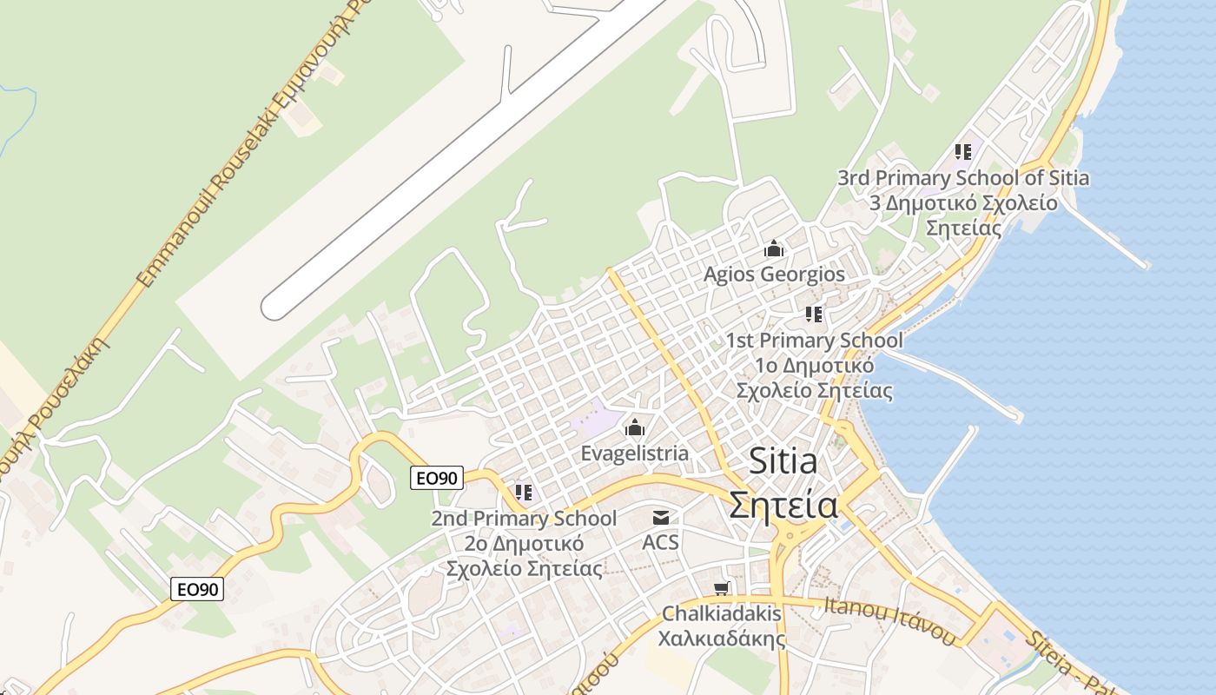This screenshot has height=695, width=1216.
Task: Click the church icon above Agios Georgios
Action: tap(773, 249)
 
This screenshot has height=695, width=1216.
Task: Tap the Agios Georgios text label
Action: tap(773, 275)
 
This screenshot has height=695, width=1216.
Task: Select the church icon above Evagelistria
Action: tap(635, 428)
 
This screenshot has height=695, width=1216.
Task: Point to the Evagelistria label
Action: tap(634, 453)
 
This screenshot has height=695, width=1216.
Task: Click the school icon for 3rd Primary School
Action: tap(962, 152)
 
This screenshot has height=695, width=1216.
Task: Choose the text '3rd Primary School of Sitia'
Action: tap(962, 178)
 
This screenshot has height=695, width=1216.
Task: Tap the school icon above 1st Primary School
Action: tap(814, 314)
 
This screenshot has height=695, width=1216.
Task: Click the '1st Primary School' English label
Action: tap(814, 341)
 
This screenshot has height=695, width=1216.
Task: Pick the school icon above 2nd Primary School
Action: tap(524, 493)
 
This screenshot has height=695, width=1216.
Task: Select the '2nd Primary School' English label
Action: tap(524, 519)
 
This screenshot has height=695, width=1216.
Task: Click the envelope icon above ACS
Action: tap(661, 518)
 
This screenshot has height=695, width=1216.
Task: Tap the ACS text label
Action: tap(660, 543)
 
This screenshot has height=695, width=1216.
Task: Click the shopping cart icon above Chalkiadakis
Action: tap(721, 589)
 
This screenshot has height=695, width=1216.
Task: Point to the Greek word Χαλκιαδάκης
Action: tap(721, 639)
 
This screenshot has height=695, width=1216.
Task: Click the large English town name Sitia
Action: tap(783, 461)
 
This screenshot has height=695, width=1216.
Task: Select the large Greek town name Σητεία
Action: tap(783, 504)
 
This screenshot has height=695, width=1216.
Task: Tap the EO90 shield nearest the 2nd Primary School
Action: tap(437, 478)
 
